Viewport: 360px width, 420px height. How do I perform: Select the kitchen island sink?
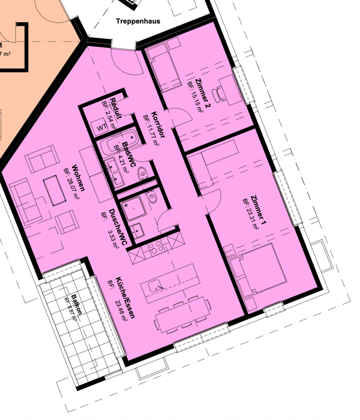click(x=157, y=283)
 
